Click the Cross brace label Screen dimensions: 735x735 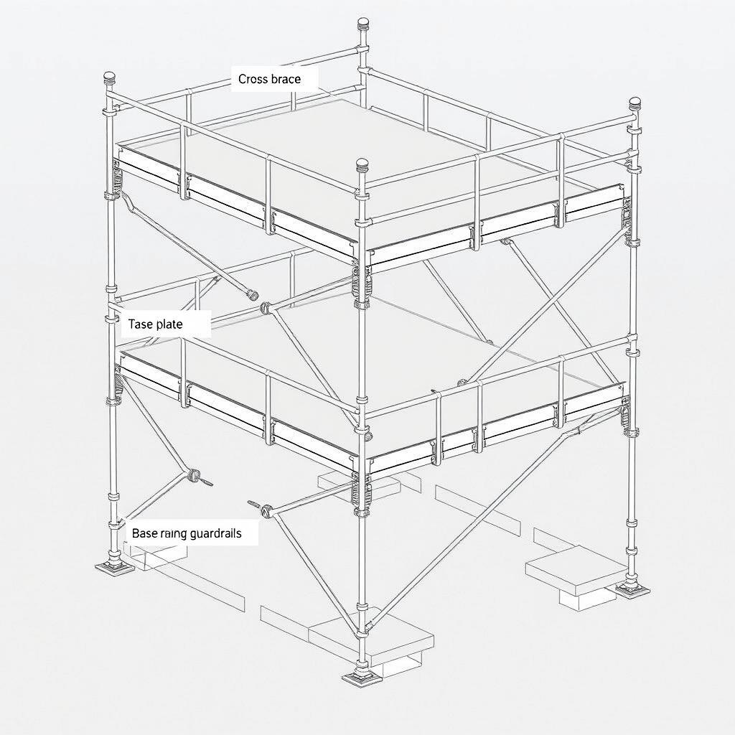[269, 79]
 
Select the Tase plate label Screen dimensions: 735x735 [155, 324]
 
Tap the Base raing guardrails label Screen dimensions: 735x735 [187, 534]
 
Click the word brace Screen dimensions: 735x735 [286, 79]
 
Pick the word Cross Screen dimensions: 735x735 [253, 79]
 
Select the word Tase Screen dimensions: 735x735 [141, 324]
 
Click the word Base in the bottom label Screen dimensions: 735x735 [144, 534]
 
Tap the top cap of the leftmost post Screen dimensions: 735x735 [110, 77]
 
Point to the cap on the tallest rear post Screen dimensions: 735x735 [363, 23]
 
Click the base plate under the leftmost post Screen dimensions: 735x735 [114, 568]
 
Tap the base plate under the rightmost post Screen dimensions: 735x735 [633, 590]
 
